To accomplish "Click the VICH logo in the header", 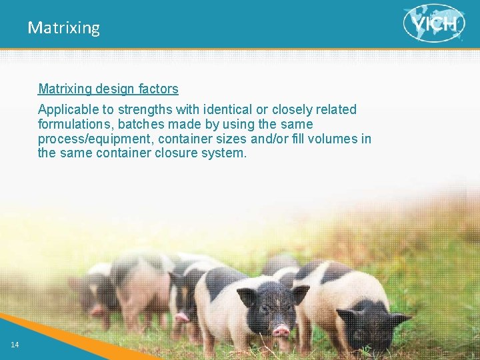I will coord(434,23).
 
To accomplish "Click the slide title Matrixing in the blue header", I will coord(64,28).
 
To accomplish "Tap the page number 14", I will coord(15,344).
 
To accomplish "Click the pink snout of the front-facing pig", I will coord(281,329).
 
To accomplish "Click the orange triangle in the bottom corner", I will coord(40,333).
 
